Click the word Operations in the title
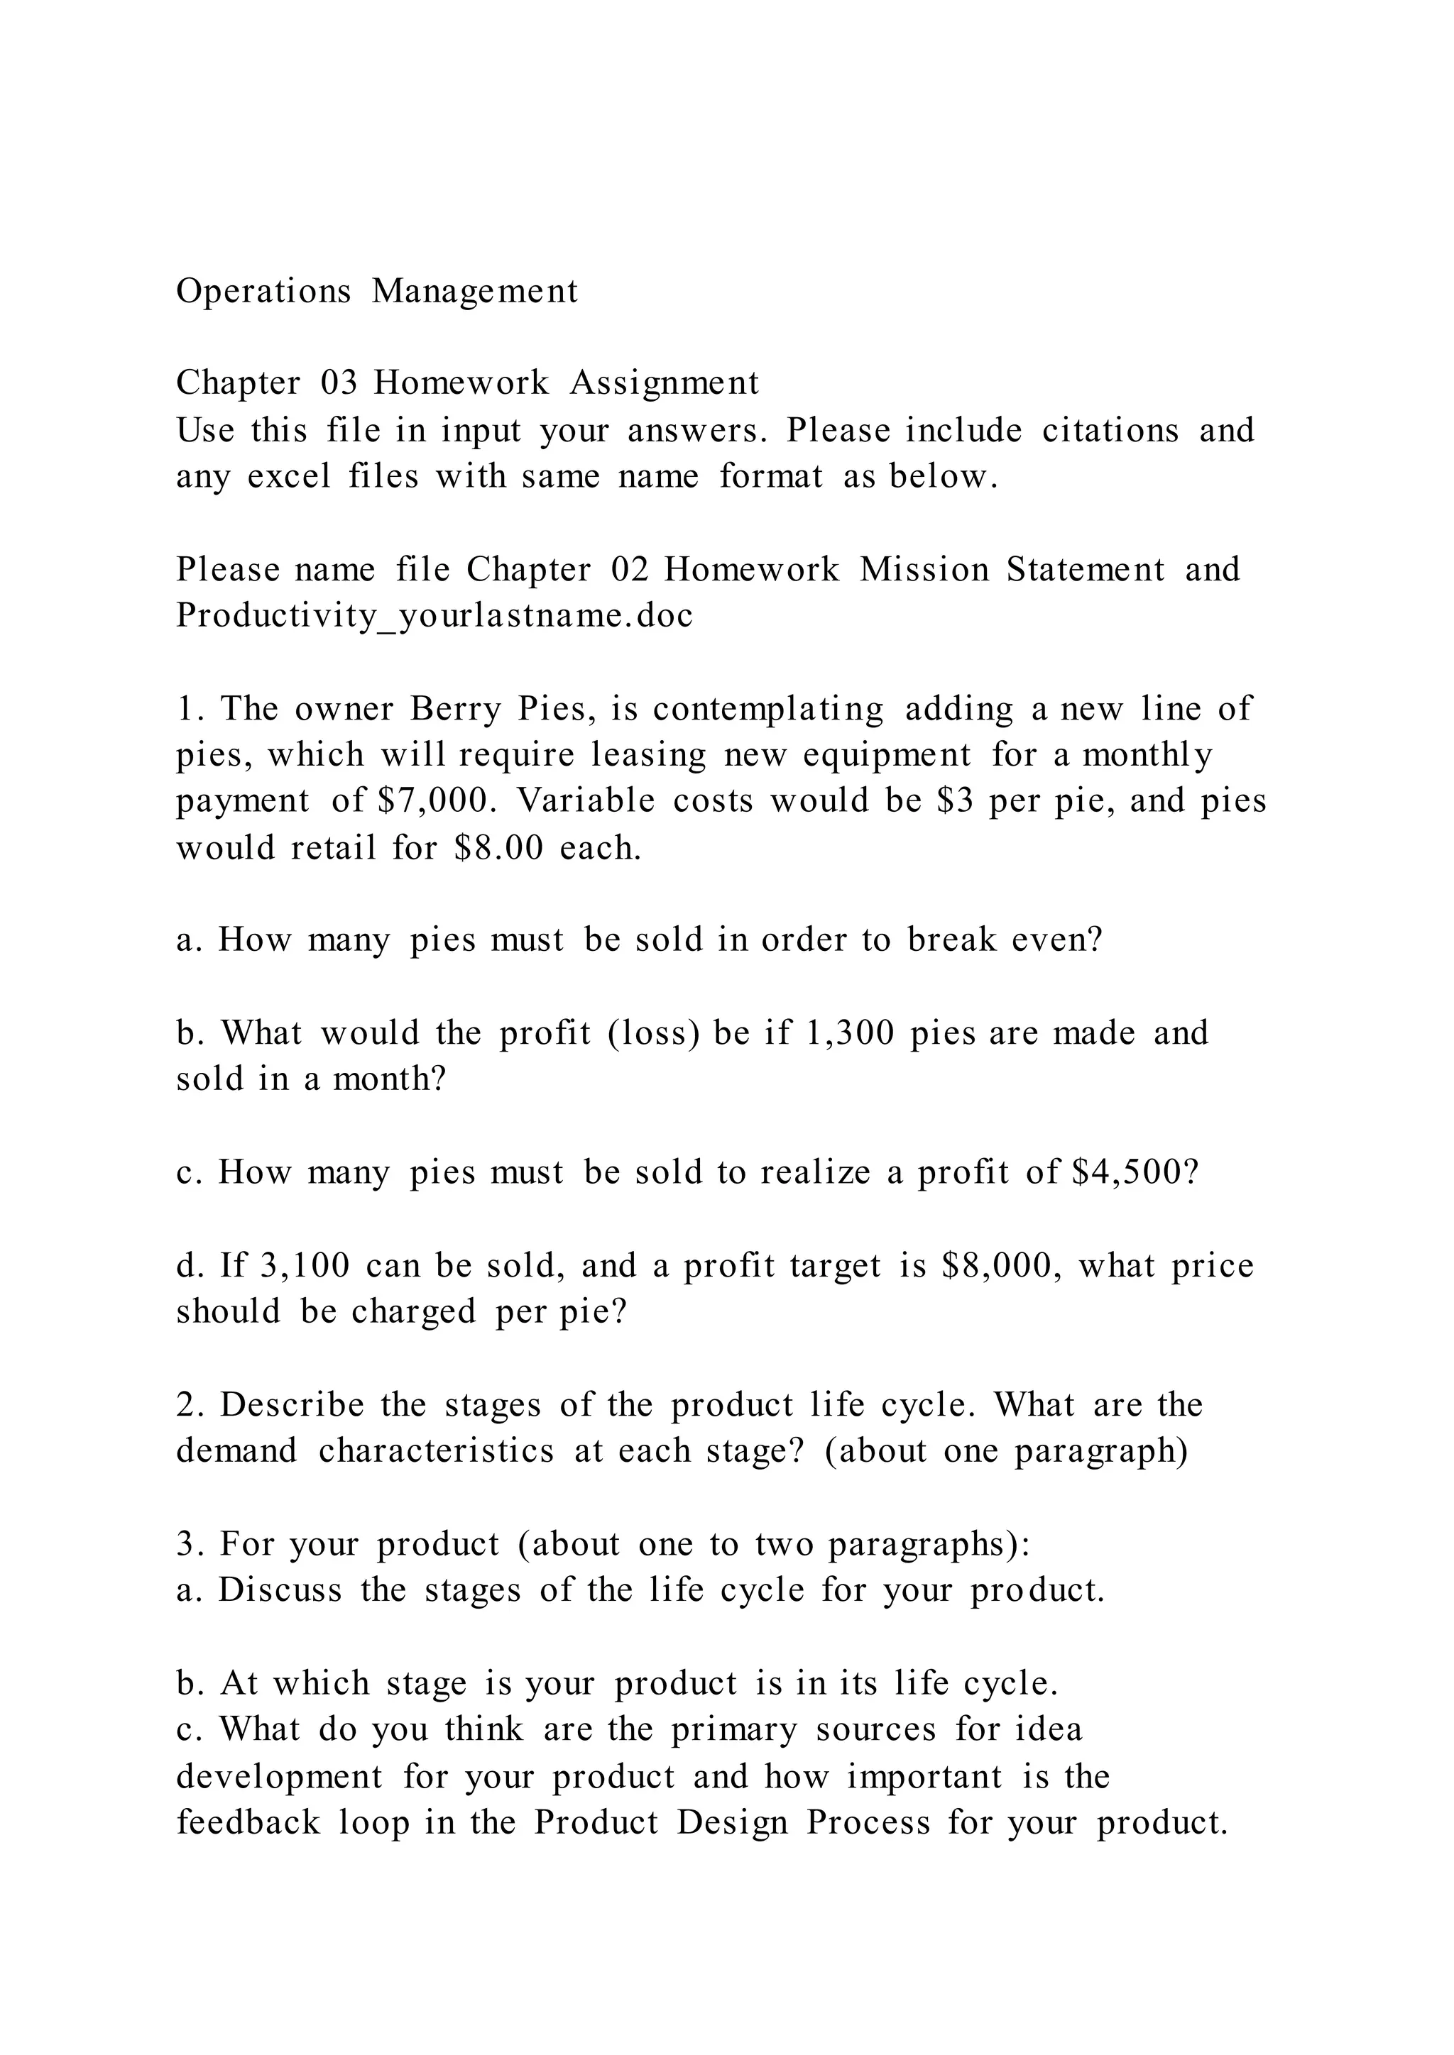pyautogui.click(x=264, y=292)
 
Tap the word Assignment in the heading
pyautogui.click(x=665, y=384)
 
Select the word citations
pyautogui.click(x=1110, y=431)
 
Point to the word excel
pyautogui.click(x=289, y=477)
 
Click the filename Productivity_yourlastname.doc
pyautogui.click(x=434, y=617)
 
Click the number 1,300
pyautogui.click(x=851, y=1034)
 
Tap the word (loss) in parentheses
pyautogui.click(x=652, y=1034)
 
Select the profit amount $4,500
pyautogui.click(x=1135, y=1174)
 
